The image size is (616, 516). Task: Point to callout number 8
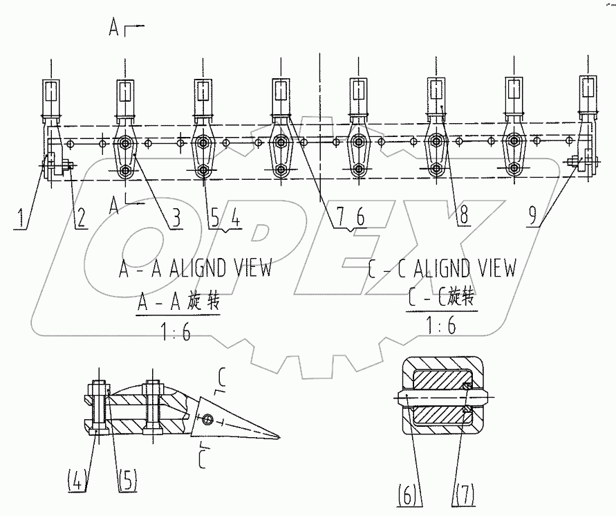463,216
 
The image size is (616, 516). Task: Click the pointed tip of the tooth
280,436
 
